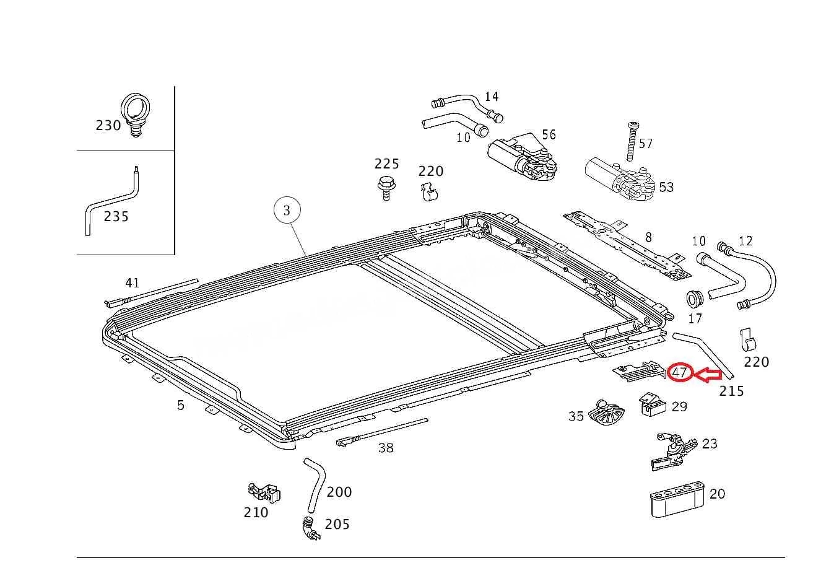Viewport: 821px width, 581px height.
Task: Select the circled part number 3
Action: coord(287,211)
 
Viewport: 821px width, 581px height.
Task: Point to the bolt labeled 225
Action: coord(385,188)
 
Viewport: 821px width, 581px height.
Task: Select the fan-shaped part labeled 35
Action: coord(606,413)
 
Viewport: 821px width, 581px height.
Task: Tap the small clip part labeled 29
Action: coord(653,404)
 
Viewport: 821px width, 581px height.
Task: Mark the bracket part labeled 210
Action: coord(264,492)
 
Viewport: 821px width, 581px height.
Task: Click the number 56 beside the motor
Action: coord(549,134)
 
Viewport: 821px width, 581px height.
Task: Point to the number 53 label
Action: coord(666,187)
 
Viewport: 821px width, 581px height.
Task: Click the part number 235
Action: coord(116,216)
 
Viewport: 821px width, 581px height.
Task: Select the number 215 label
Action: coord(732,391)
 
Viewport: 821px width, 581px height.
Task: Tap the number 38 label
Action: coord(386,448)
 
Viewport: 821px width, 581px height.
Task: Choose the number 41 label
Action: coord(132,283)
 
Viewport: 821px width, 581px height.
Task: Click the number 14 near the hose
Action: coord(492,97)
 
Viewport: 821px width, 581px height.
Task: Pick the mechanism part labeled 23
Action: coord(674,452)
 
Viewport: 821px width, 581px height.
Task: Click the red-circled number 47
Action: coord(679,373)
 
